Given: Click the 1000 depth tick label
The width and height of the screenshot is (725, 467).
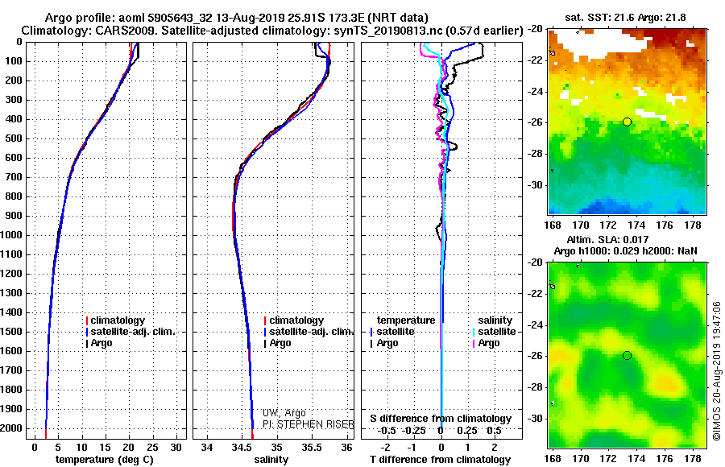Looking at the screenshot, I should click(14, 235).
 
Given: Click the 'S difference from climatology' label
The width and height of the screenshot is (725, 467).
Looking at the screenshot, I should click(441, 419).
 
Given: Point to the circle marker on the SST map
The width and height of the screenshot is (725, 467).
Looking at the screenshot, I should click(627, 122).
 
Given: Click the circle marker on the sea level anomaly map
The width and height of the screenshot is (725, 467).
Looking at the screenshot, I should click(627, 355).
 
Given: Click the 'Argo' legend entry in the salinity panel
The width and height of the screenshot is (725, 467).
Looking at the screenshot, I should click(280, 343).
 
